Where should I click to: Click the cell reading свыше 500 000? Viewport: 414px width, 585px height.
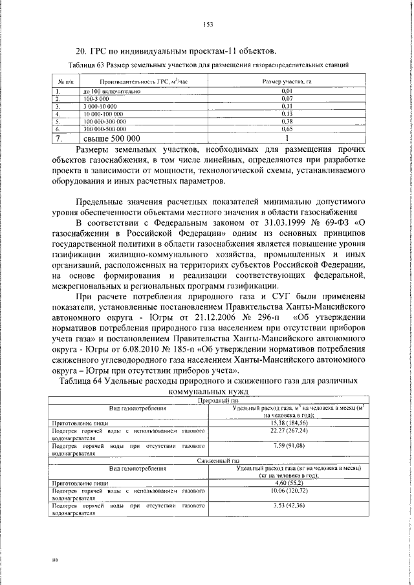[x=111, y=138]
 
